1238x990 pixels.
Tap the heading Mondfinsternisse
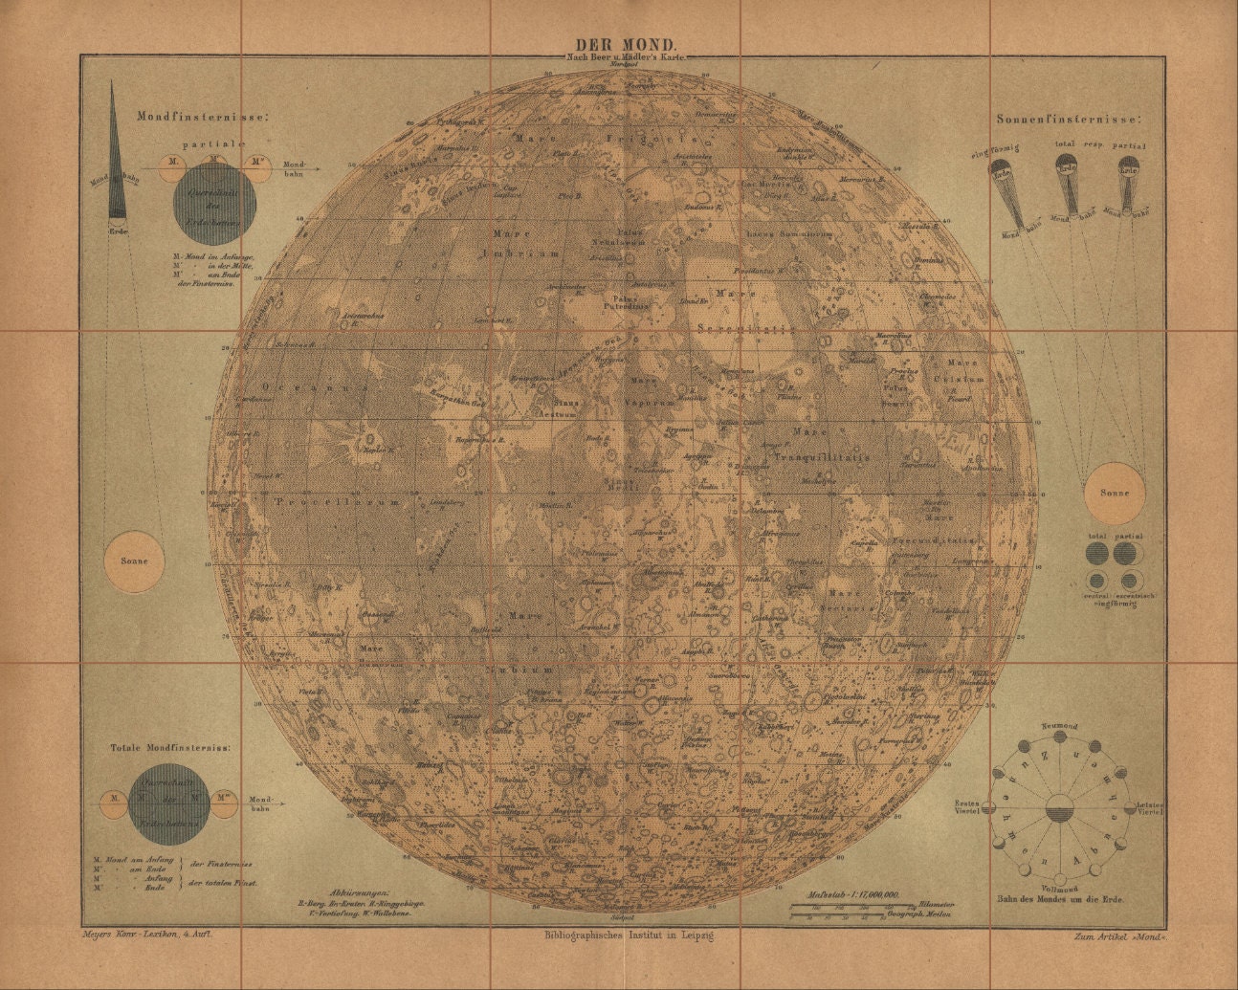coord(203,116)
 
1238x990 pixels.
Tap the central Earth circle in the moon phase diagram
coord(1060,810)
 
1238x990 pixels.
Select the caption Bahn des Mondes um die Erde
coord(1060,899)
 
